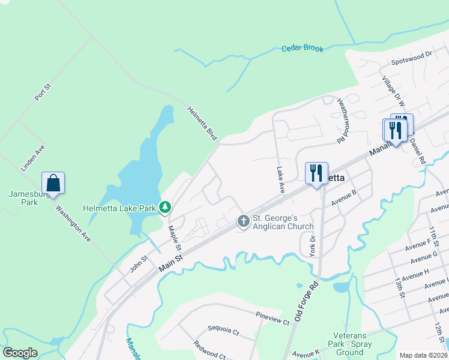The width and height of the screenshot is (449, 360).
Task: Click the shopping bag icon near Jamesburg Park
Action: (53, 182)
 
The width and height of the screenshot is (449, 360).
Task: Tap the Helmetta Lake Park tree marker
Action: (165, 208)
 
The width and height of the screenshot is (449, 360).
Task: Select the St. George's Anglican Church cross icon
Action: (244, 221)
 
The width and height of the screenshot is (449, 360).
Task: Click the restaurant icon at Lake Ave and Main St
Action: (316, 173)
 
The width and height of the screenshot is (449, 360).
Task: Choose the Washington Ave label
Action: (73, 223)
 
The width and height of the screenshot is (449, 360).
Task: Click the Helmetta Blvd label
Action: (202, 123)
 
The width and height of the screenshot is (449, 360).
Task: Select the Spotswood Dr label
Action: (412, 55)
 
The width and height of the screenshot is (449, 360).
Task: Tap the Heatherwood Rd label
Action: (342, 121)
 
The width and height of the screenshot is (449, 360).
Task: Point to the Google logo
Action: (20, 353)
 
